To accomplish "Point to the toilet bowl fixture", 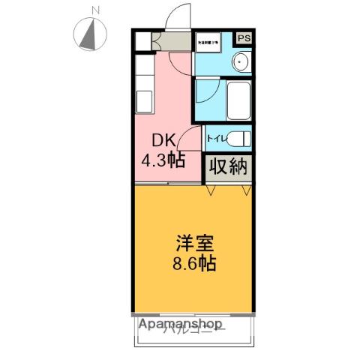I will click(238, 139).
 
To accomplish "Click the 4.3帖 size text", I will click(165, 159).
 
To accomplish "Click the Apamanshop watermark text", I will click(180, 325).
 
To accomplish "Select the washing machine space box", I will click(208, 43).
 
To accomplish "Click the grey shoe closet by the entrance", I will click(159, 43).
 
